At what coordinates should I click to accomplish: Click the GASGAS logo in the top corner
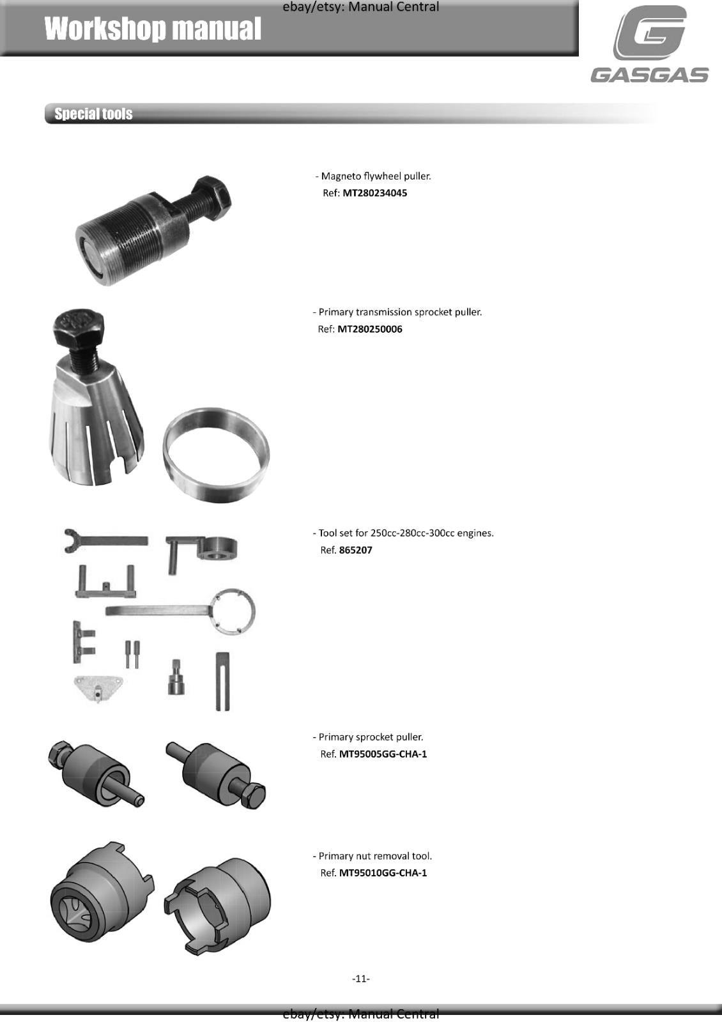point(649,45)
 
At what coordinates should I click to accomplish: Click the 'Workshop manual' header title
point(153,29)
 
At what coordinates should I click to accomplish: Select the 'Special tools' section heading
point(93,114)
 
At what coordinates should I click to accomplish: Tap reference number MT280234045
point(374,193)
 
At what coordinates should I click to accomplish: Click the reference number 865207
point(355,550)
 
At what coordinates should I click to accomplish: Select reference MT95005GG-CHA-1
point(383,754)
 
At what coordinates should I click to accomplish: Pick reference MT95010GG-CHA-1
point(383,873)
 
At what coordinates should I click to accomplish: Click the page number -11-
point(361,979)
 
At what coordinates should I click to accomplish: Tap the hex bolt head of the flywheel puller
point(212,192)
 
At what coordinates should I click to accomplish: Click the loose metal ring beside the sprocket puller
point(216,455)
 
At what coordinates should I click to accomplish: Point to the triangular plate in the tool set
point(97,687)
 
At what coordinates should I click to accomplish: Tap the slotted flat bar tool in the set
point(222,682)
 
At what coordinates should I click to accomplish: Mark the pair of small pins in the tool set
point(132,654)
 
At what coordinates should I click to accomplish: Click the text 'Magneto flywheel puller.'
point(376,176)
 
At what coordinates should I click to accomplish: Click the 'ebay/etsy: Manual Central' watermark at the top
point(361,7)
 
